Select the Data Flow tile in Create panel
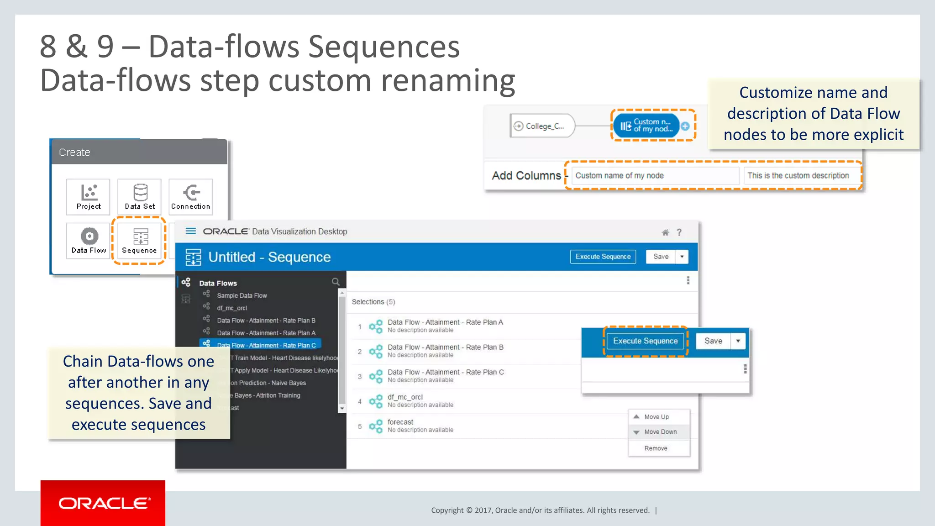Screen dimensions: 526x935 click(89, 241)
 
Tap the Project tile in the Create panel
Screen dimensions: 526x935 click(89, 197)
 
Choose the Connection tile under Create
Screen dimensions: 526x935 click(190, 197)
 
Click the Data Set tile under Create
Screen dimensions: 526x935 click(140, 197)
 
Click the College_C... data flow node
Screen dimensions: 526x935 click(542, 126)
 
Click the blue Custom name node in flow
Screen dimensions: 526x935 click(646, 126)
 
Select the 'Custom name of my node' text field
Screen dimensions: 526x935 click(655, 176)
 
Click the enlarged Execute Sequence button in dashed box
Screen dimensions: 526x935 click(645, 341)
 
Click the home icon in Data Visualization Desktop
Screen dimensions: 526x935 click(665, 232)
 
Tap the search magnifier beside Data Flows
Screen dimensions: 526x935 click(336, 282)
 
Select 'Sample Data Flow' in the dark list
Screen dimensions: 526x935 click(242, 296)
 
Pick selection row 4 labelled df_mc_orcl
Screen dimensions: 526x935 click(405, 400)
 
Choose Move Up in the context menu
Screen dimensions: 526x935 click(656, 417)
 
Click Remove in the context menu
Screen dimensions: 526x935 click(656, 448)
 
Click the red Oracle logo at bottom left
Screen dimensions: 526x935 click(103, 503)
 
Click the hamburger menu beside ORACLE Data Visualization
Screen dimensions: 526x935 click(191, 231)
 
